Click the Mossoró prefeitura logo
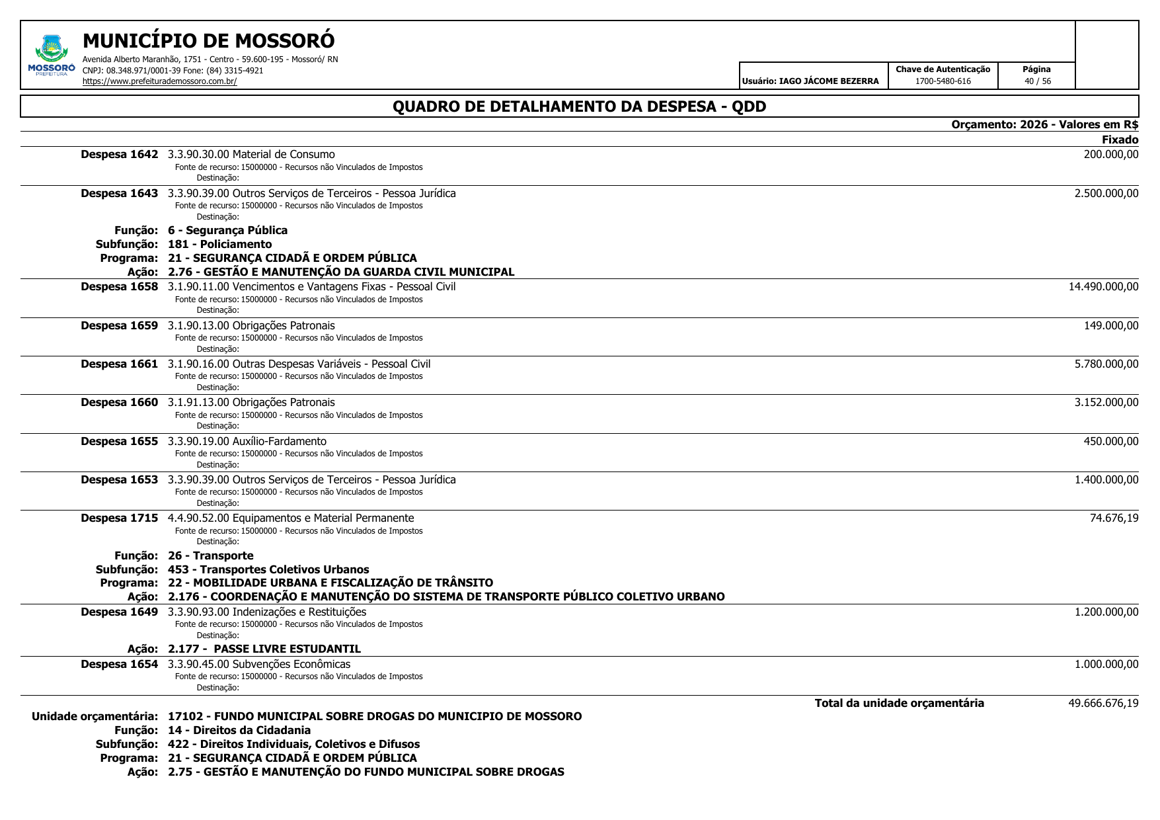tap(51, 54)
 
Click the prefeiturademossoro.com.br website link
tap(159, 81)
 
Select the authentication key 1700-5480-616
tap(943, 81)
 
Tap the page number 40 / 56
tap(1037, 81)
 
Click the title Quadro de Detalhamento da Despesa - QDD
tap(579, 106)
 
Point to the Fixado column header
tap(1120, 140)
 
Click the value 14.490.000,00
tap(1103, 286)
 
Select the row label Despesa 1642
tap(120, 155)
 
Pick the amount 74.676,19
tap(1114, 518)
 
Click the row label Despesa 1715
tap(120, 518)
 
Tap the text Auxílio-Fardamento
tap(279, 441)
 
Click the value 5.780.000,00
tap(1106, 364)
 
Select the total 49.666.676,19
tap(1103, 703)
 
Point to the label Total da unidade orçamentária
tap(899, 703)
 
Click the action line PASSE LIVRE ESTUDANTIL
tap(264, 649)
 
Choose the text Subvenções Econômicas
tap(291, 664)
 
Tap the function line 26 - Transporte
tap(210, 555)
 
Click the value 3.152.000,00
tap(1106, 402)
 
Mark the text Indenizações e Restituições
tap(299, 612)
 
